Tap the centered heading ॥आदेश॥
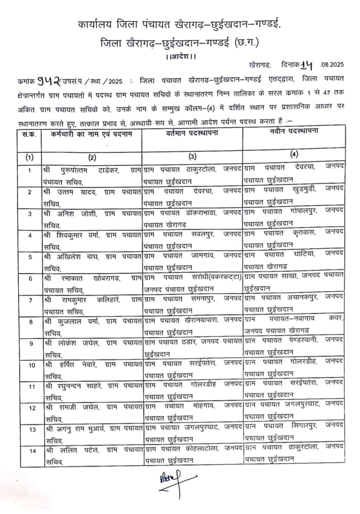pos(181,56)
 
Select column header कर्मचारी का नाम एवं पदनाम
pos(91,134)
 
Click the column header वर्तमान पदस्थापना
pos(192,133)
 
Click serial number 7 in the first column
pos(30,300)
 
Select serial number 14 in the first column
pos(33,451)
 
